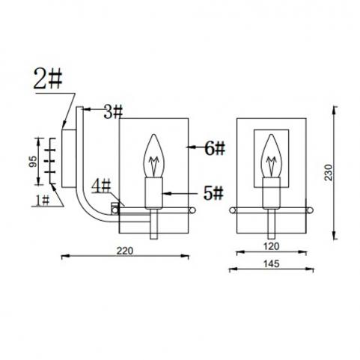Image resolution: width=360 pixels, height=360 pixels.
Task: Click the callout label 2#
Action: (x=48, y=79)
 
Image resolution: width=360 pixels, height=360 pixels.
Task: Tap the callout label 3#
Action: (x=113, y=112)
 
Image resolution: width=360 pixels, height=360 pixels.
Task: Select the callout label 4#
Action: (x=101, y=186)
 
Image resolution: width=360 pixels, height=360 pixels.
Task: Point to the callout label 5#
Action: (x=213, y=193)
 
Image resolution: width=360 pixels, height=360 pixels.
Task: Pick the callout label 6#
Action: (x=215, y=148)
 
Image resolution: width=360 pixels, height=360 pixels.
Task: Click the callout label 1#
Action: (x=43, y=200)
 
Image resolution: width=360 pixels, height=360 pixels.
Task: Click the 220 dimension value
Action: (x=125, y=251)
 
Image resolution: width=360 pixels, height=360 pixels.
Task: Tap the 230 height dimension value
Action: (x=329, y=172)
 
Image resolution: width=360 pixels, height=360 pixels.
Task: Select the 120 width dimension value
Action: (x=271, y=246)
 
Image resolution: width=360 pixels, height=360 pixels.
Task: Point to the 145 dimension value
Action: (x=272, y=263)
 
